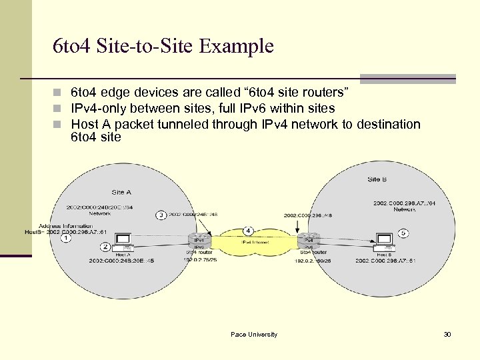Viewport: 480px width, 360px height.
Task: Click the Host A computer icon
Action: (x=123, y=241)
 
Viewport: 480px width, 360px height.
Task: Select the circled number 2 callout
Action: (x=105, y=247)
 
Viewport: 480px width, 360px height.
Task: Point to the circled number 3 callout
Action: (x=161, y=215)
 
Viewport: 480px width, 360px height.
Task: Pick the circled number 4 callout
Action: (x=248, y=231)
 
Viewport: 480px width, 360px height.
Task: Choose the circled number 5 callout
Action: (x=403, y=233)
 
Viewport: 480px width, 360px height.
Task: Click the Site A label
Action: (x=121, y=192)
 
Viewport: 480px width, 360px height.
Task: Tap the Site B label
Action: (x=373, y=179)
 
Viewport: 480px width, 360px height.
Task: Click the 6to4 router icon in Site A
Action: (x=199, y=240)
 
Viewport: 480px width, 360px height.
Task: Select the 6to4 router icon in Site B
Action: (x=308, y=240)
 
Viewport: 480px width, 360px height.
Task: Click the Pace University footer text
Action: (x=253, y=334)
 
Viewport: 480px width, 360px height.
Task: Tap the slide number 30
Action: (x=447, y=334)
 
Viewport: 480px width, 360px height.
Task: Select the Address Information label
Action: (x=65, y=226)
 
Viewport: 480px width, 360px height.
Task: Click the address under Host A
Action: (x=121, y=261)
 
